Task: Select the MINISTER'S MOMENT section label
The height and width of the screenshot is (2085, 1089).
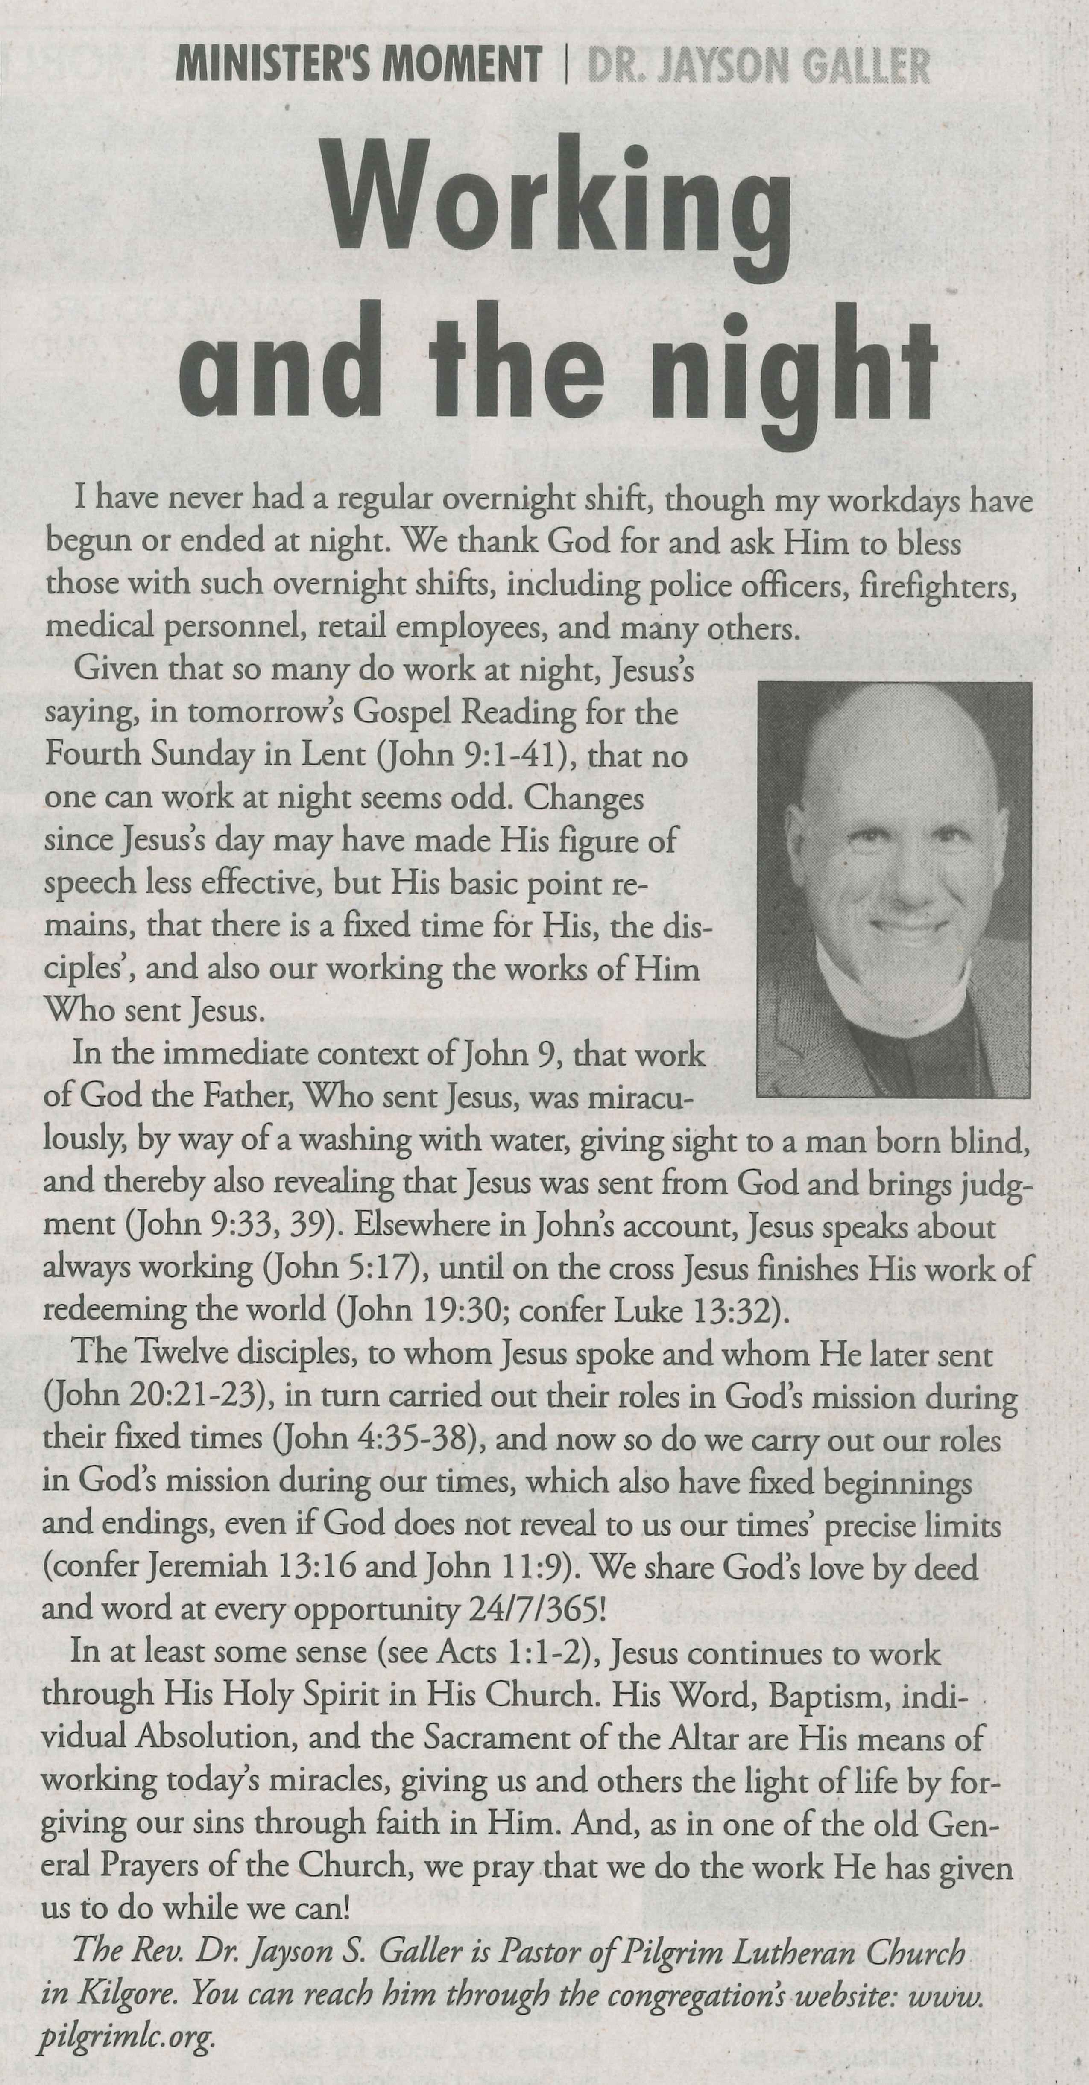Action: pos(359,65)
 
